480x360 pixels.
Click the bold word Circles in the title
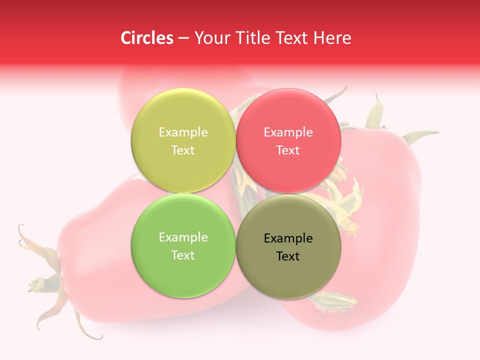tap(147, 38)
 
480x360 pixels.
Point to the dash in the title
tap(183, 38)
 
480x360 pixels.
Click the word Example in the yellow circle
tap(183, 132)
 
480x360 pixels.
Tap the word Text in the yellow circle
tap(183, 150)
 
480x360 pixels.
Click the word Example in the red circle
tap(288, 132)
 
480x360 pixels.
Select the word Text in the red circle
tap(288, 150)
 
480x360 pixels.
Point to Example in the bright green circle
tap(183, 237)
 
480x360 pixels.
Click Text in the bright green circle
tap(183, 255)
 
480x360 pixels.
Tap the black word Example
tap(288, 238)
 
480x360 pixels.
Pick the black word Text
tap(288, 256)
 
